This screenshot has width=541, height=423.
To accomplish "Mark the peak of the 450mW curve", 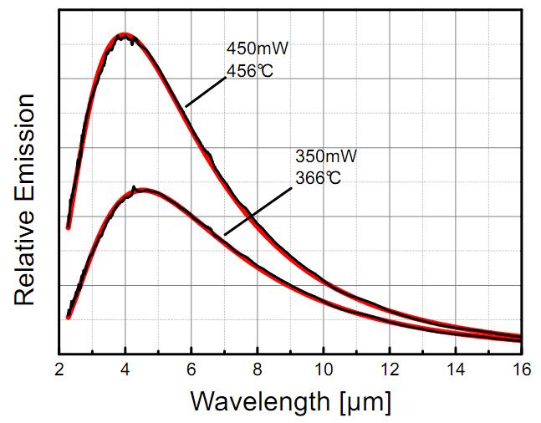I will click(125, 36).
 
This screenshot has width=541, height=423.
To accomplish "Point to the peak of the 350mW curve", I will click(142, 191).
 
